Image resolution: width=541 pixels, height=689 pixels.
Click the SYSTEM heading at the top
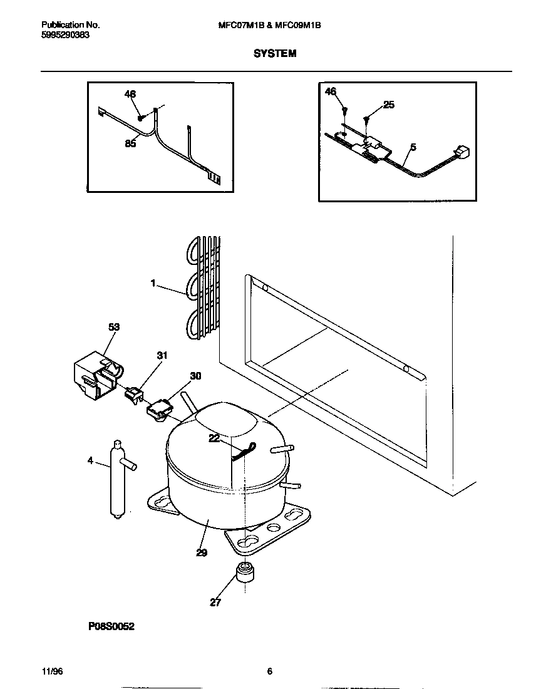(275, 54)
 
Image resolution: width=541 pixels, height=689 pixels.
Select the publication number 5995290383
(65, 36)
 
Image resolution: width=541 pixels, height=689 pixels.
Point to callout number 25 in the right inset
(389, 105)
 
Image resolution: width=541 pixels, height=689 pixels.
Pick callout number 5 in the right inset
(413, 148)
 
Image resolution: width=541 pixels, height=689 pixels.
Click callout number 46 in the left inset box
(130, 94)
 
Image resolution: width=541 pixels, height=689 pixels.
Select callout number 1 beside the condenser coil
(152, 283)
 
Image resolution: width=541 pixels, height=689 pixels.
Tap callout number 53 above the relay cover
(113, 327)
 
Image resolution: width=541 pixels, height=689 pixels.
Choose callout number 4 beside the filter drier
(90, 460)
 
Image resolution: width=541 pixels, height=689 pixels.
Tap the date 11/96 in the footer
(52, 671)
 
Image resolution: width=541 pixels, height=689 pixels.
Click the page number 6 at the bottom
(269, 671)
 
